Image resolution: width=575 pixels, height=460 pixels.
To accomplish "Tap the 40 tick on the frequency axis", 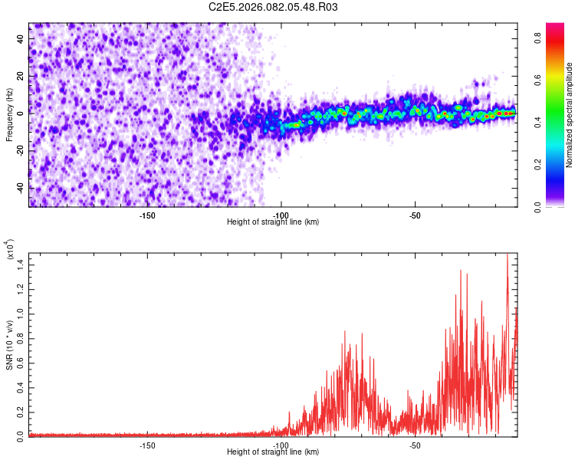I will (x=21, y=40).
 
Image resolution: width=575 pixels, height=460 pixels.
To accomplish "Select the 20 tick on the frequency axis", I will (x=21, y=77).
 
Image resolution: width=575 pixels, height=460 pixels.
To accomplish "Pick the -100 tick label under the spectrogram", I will (x=281, y=215).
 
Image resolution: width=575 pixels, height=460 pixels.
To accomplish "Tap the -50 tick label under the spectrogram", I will (x=415, y=215).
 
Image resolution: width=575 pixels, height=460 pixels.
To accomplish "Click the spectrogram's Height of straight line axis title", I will (x=273, y=222).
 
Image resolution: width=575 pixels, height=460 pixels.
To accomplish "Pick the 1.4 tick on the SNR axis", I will (x=21, y=264).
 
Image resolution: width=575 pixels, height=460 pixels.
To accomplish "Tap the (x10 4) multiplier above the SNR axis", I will (x=10, y=250).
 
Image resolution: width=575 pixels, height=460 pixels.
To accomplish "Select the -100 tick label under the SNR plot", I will (x=281, y=445).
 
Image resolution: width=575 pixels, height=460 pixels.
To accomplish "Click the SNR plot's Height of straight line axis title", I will (x=273, y=452).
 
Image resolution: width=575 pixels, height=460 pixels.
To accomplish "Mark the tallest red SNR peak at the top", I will (x=508, y=256).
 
